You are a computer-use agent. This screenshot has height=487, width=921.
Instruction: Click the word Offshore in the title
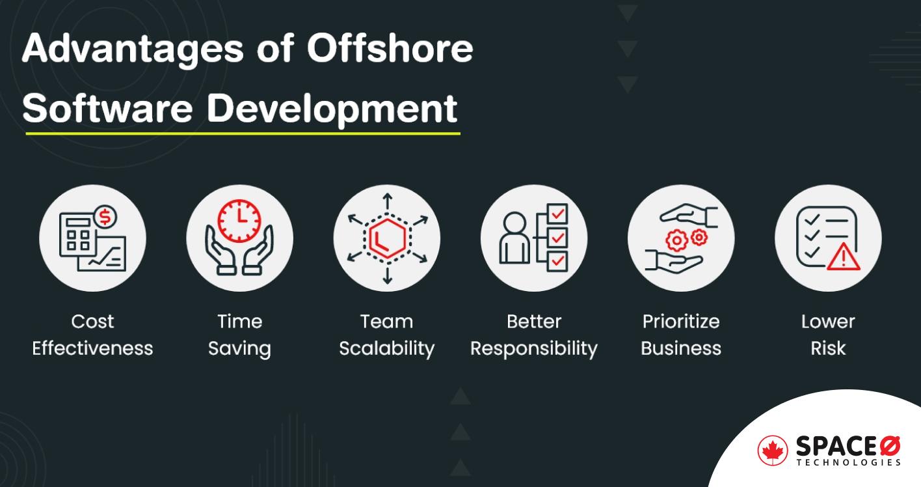(x=390, y=49)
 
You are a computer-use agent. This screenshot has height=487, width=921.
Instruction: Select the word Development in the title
(x=332, y=107)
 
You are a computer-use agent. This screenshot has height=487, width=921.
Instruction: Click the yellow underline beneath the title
(x=242, y=133)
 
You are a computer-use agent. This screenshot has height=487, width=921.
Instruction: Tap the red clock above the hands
(x=239, y=219)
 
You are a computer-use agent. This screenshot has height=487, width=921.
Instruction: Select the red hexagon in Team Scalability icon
(x=386, y=238)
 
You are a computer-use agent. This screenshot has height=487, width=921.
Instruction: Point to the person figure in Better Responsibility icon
(x=514, y=239)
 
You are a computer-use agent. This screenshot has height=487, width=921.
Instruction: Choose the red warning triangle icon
(x=844, y=257)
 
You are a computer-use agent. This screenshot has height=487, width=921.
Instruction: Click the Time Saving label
(x=239, y=335)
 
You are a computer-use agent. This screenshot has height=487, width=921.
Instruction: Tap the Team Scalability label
(x=386, y=335)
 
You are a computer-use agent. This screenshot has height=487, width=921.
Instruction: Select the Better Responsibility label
(x=533, y=335)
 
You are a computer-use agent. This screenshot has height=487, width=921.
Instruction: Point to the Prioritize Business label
(x=681, y=335)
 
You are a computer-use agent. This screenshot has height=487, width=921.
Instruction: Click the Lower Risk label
(x=828, y=335)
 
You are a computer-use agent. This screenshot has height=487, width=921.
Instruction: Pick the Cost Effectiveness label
(x=92, y=335)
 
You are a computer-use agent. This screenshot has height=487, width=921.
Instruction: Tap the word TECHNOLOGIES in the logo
(x=848, y=462)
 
